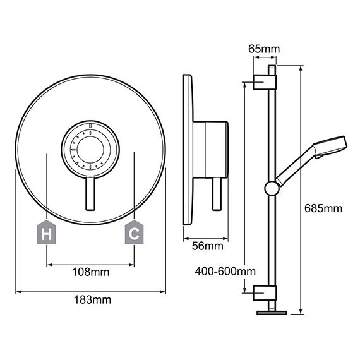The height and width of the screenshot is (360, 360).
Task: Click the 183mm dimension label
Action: click(92, 300)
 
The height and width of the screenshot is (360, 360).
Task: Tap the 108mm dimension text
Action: click(91, 272)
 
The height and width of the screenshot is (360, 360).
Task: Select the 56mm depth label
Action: click(208, 246)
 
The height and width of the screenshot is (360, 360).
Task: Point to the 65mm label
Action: click(264, 49)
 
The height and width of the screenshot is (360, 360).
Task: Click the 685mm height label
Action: click(323, 208)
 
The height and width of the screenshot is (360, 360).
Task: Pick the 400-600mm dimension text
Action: click(225, 272)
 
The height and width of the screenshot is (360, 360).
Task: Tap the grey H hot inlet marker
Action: click(46, 232)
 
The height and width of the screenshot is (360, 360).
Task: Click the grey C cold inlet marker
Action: click(134, 232)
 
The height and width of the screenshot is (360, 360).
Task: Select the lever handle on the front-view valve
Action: click(90, 193)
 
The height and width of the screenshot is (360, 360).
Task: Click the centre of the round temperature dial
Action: click(90, 149)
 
